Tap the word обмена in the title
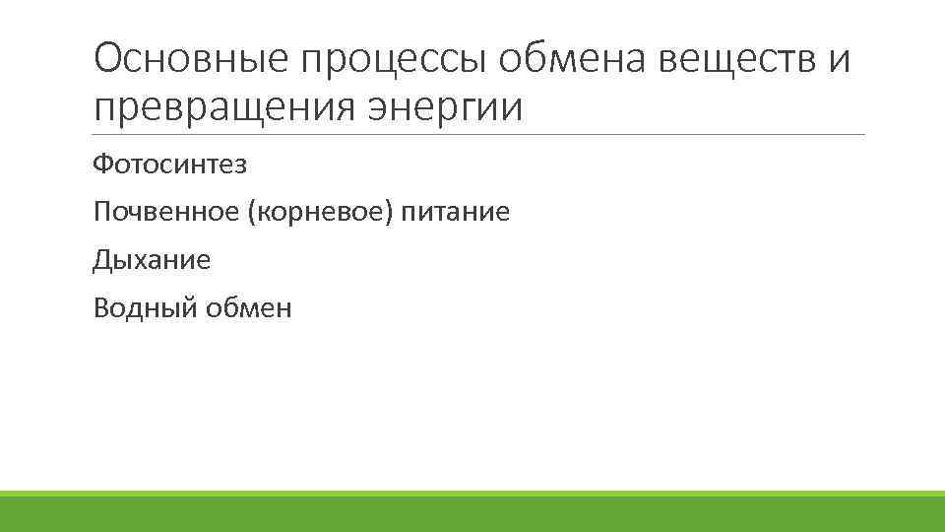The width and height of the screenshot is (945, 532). (x=577, y=62)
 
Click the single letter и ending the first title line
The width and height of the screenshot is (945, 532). (x=838, y=62)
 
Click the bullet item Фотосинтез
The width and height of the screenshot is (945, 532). (x=169, y=164)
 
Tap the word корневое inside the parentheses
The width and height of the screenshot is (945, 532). (x=326, y=212)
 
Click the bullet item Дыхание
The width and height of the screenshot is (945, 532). (x=152, y=260)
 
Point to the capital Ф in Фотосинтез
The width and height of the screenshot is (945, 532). (x=101, y=164)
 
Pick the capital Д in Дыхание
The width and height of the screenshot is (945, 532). (x=101, y=260)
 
